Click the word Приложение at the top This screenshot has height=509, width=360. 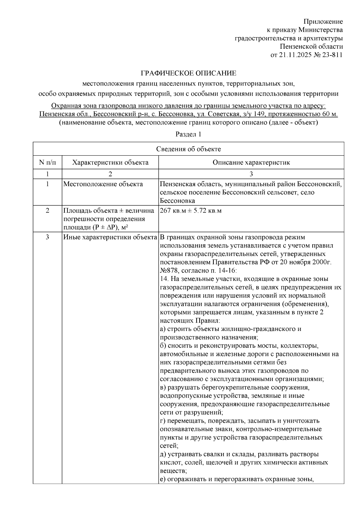pyautogui.click(x=323, y=22)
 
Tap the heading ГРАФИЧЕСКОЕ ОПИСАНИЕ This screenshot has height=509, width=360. pyautogui.click(x=188, y=73)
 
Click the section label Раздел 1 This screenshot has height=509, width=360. pyautogui.click(x=188, y=134)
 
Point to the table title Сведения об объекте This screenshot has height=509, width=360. pyautogui.click(x=188, y=149)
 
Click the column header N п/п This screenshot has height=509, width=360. pyautogui.click(x=47, y=162)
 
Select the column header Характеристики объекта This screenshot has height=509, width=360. pyautogui.click(x=110, y=162)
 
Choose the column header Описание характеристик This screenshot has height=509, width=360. pyautogui.click(x=251, y=162)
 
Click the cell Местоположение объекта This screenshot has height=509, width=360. pyautogui.click(x=103, y=184)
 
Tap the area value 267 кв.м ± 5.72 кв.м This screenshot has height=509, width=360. pyautogui.click(x=191, y=210)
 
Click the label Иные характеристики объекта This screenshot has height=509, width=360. pyautogui.click(x=110, y=237)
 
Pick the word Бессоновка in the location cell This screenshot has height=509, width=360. pyautogui.click(x=177, y=201)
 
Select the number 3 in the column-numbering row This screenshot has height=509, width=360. pyautogui.click(x=251, y=174)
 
